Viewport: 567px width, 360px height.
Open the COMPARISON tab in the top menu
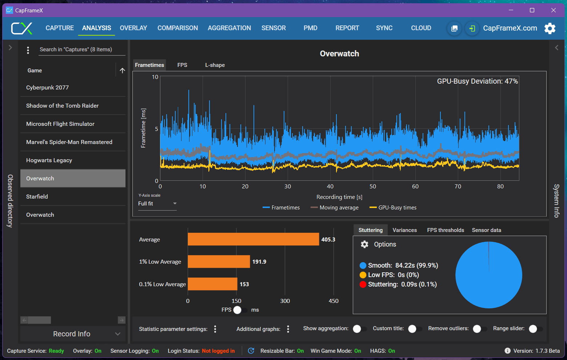coord(177,28)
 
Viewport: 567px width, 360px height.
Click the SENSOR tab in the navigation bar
coord(273,28)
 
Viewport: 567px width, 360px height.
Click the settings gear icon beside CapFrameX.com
coord(550,28)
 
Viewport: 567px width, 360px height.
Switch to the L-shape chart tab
coord(215,65)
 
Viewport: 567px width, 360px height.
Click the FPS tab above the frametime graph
coord(182,65)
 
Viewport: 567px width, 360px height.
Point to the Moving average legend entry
coord(335,208)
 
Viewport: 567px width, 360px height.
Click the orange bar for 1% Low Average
coord(219,261)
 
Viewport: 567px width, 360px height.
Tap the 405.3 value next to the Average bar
coord(328,240)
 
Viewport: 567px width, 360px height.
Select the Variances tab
coord(404,230)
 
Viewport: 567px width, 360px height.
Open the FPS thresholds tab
coord(445,230)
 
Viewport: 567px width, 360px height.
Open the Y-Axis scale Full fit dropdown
coord(157,204)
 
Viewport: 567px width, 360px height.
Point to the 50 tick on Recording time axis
coord(373,187)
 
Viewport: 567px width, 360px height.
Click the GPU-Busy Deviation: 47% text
coord(477,81)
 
